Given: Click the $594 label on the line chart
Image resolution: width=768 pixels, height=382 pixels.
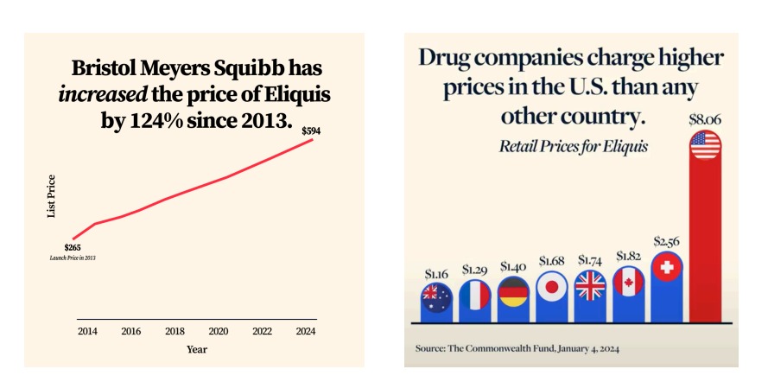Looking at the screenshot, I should point(310,131).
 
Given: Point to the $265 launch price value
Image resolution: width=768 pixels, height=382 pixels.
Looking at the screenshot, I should point(73,248).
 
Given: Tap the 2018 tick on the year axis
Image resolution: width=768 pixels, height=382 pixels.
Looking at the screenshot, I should point(175,331).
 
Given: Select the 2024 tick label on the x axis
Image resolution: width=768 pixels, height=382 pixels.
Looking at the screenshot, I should point(306,331).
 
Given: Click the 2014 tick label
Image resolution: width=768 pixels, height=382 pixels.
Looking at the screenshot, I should point(87,331).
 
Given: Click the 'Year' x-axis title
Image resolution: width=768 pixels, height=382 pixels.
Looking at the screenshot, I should point(197,349).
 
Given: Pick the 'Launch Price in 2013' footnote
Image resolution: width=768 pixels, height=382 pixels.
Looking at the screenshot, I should point(73,258).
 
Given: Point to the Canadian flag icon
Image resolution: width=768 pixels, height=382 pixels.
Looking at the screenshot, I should point(629,281).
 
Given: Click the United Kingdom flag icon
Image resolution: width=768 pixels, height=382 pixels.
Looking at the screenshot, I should point(591,286).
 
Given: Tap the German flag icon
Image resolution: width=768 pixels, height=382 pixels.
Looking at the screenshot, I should point(513,292).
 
